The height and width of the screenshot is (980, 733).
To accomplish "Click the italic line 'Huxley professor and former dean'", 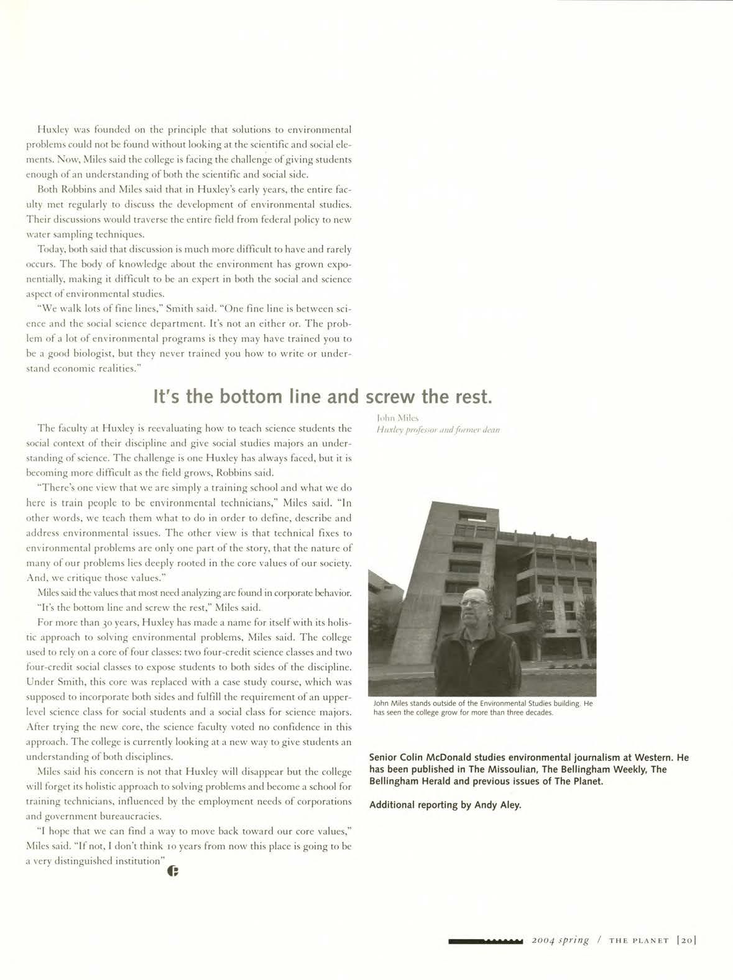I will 438,429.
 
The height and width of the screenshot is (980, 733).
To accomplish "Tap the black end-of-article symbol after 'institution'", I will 173,872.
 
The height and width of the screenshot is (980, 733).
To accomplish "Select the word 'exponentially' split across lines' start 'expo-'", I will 338,264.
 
